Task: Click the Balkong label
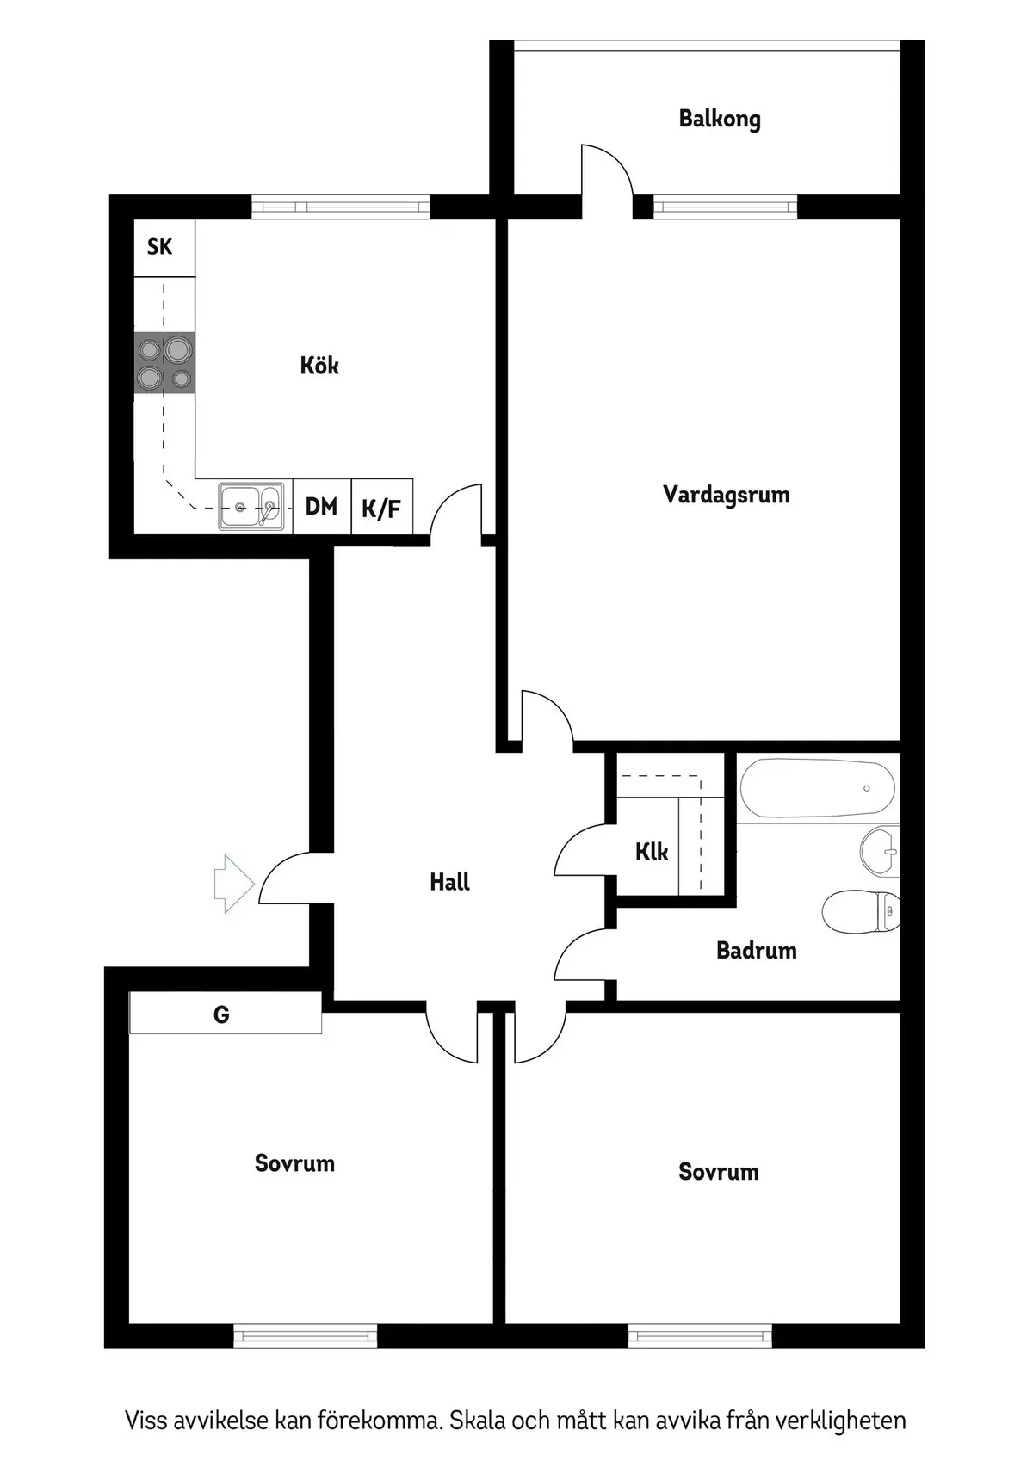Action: (x=720, y=119)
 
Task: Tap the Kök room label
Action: (x=319, y=366)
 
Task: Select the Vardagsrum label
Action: (x=726, y=495)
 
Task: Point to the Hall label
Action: (x=449, y=882)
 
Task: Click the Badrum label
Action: (x=756, y=951)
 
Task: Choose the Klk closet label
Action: (x=652, y=852)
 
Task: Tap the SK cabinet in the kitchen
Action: (x=160, y=248)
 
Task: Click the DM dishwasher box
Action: (x=322, y=507)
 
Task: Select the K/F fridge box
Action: (x=381, y=509)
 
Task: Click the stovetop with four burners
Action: (x=164, y=363)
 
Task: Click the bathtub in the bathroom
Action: (x=817, y=787)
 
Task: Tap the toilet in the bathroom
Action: (x=861, y=910)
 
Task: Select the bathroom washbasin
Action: (x=880, y=851)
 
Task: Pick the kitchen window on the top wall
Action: (x=341, y=207)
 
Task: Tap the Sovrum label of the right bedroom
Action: (x=718, y=1172)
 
